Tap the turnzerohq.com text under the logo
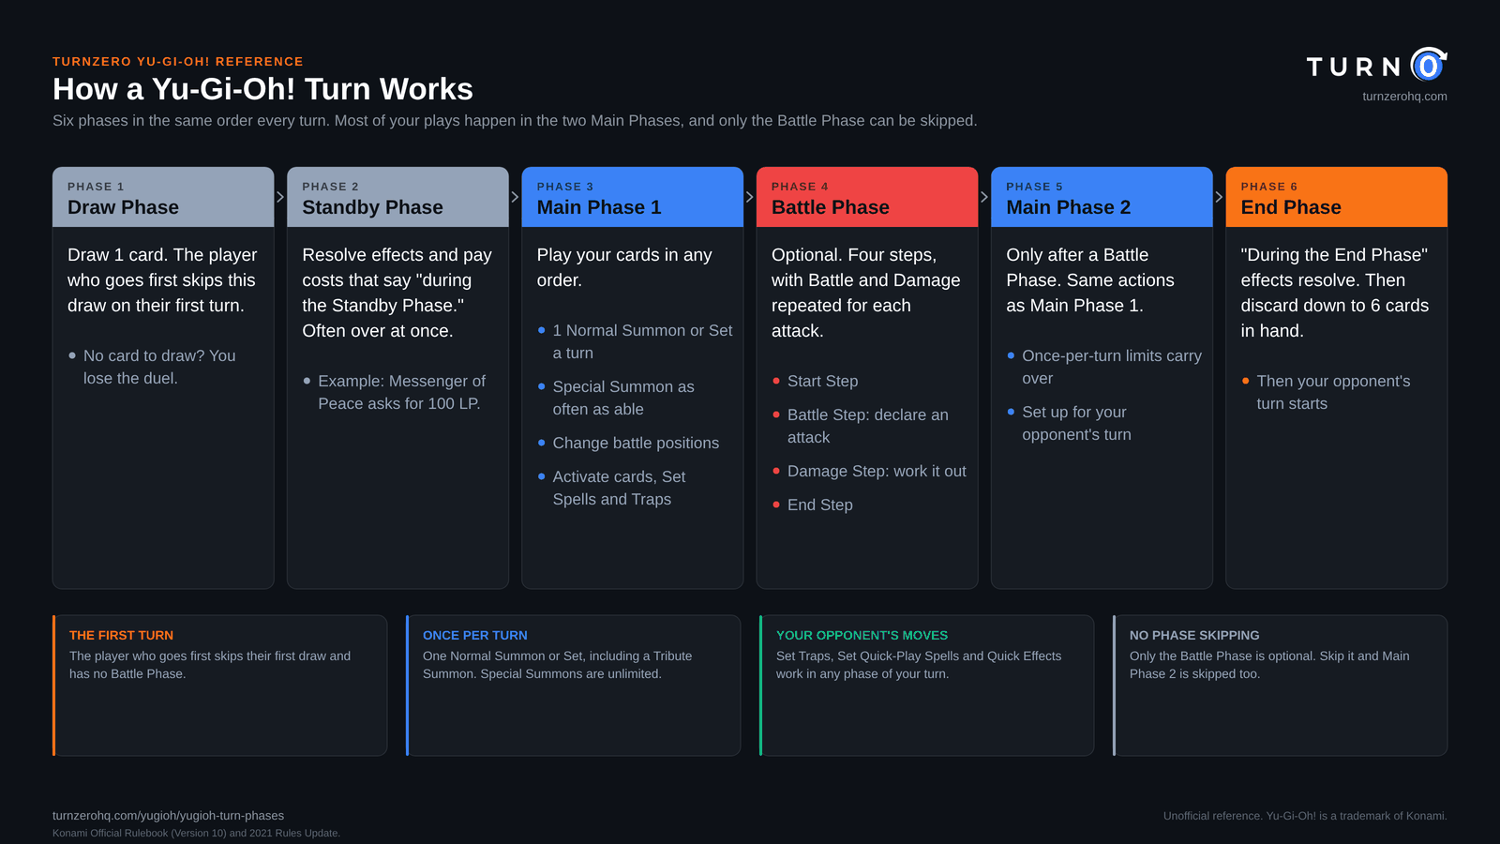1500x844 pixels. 1404,97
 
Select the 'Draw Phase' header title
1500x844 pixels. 123,207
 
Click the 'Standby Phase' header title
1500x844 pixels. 372,207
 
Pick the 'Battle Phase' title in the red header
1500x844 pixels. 831,207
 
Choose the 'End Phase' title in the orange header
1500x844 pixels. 1291,207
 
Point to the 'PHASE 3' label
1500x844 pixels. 565,187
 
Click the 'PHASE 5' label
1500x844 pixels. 1035,187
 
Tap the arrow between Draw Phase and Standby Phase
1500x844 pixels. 280,197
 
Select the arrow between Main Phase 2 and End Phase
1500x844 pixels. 1220,197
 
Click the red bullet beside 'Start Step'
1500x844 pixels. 776,381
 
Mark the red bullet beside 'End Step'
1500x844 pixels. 776,505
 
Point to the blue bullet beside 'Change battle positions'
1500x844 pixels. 541,443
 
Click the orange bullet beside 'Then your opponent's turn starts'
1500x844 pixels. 1246,381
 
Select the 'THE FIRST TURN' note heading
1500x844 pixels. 121,635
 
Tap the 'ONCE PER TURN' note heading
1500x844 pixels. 474,635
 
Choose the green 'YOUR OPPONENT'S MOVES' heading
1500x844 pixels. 862,635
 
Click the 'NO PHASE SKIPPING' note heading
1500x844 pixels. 1194,635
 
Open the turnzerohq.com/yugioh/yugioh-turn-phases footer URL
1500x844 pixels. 168,816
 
